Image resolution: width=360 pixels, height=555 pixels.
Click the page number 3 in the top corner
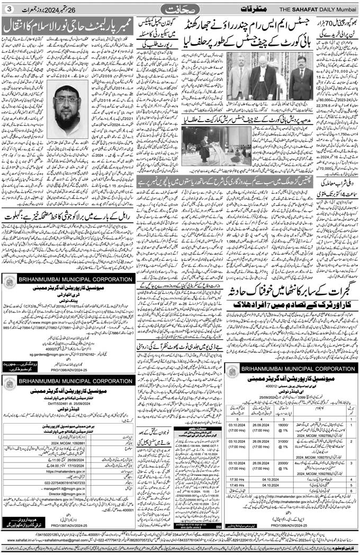coord(9,9)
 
